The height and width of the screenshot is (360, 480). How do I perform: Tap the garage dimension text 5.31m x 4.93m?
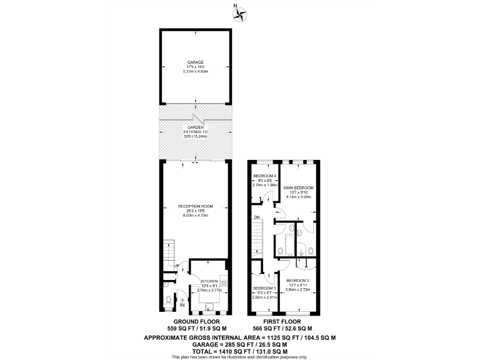(x=196, y=72)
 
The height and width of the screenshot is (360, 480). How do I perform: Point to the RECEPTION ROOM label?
(x=196, y=206)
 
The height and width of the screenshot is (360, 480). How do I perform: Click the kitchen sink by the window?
(x=210, y=307)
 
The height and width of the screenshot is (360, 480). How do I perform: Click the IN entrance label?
(x=182, y=306)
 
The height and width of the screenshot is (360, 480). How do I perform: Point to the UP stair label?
(x=176, y=266)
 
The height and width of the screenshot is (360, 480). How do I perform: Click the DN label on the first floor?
(x=257, y=217)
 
